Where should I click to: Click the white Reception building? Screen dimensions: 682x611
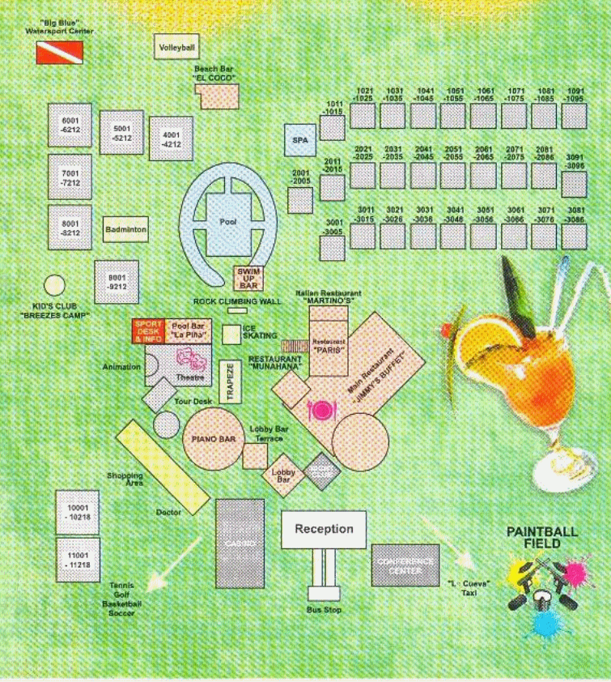click(324, 529)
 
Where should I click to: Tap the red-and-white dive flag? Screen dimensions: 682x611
click(54, 53)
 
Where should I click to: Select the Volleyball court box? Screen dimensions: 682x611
click(177, 47)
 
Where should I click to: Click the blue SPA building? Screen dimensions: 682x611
click(300, 140)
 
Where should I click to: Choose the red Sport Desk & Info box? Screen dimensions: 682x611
click(148, 331)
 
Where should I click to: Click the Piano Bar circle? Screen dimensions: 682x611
click(213, 438)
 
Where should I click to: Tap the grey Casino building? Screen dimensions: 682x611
click(240, 543)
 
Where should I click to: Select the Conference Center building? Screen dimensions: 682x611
click(405, 565)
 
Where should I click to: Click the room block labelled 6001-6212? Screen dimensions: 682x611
click(70, 126)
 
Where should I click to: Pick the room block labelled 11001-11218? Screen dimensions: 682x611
click(77, 560)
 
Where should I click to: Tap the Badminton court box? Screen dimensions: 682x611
click(125, 229)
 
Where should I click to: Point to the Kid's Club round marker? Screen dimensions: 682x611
click(54, 285)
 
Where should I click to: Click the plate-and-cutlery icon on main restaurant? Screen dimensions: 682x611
click(321, 410)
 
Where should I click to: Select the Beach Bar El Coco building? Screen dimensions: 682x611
click(219, 96)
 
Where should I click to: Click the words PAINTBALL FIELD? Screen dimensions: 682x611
click(542, 537)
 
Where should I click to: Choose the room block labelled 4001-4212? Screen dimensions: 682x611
click(171, 139)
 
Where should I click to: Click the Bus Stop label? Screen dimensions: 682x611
click(323, 610)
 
